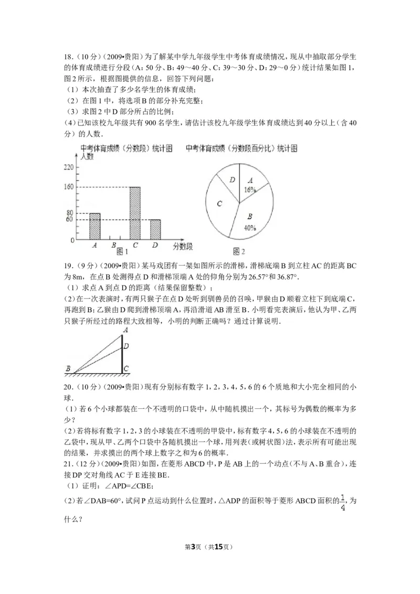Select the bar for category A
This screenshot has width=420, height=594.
pyautogui.click(x=94, y=226)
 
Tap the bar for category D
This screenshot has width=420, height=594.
pyautogui.click(x=155, y=229)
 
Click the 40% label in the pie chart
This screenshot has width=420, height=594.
pyautogui.click(x=249, y=228)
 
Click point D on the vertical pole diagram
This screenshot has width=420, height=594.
pyautogui.click(x=125, y=346)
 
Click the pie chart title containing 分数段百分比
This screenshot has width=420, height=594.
pyautogui.click(x=241, y=148)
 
